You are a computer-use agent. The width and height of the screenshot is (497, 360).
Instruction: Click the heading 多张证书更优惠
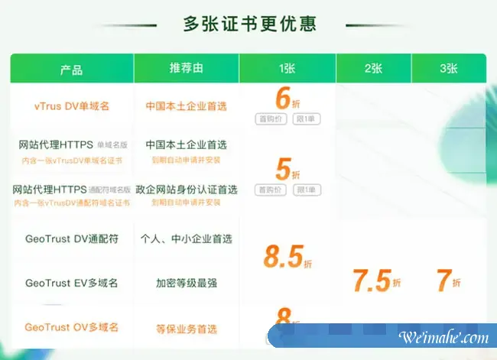tap(249, 24)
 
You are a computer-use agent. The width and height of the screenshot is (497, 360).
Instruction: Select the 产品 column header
tap(71, 69)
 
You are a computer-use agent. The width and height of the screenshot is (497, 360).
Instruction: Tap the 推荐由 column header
tap(186, 69)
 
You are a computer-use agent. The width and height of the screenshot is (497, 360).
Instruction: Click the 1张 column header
tap(287, 69)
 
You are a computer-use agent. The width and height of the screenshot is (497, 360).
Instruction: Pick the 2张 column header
tap(373, 69)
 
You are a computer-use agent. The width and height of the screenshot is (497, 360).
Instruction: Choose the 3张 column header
tap(448, 69)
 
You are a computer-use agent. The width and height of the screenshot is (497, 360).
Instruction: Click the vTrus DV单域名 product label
tap(72, 106)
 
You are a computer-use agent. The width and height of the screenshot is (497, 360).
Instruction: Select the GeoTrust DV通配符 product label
tap(71, 239)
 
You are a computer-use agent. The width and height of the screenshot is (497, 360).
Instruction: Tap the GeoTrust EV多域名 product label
tap(71, 283)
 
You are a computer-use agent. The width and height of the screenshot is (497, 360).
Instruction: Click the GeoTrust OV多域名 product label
tap(71, 327)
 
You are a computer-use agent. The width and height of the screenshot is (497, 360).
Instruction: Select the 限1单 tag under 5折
tap(307, 189)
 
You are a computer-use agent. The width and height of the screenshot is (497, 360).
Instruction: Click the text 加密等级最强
tap(186, 283)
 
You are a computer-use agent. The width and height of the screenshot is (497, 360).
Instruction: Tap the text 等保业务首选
tap(186, 329)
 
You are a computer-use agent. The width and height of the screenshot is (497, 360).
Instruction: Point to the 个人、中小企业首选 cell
tap(186, 239)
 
